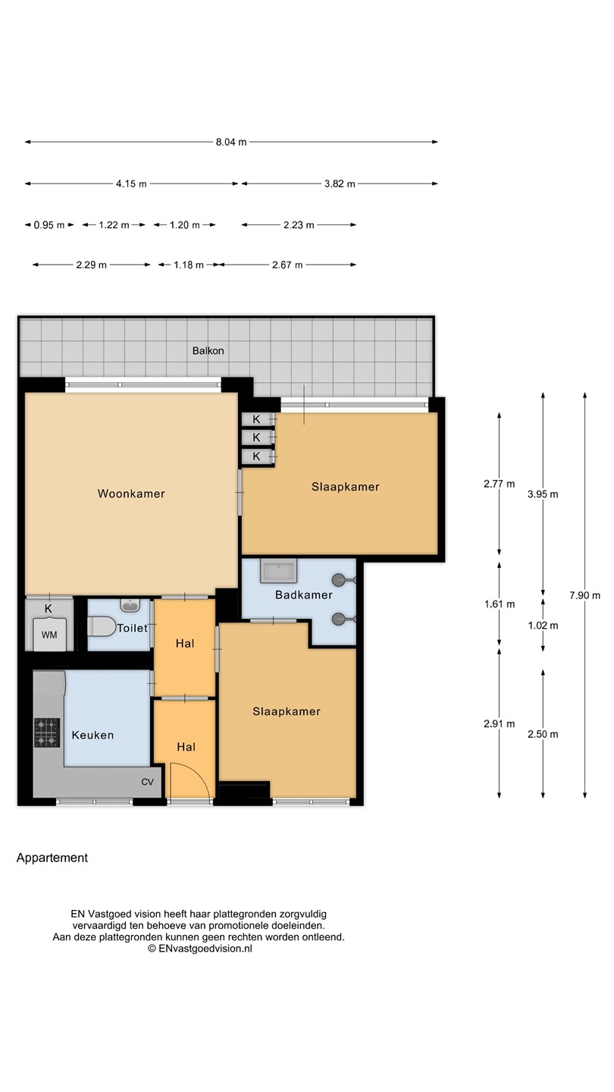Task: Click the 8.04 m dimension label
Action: click(231, 142)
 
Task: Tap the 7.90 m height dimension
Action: click(584, 595)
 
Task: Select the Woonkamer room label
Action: click(131, 494)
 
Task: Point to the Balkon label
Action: click(208, 350)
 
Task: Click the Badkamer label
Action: click(303, 595)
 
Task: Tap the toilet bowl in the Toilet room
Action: click(101, 627)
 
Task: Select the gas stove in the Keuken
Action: click(47, 733)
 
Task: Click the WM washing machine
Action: click(49, 634)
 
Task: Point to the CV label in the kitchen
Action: click(147, 782)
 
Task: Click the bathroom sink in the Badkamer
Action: click(279, 571)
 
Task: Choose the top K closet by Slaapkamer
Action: click(256, 419)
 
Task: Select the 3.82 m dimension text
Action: click(340, 184)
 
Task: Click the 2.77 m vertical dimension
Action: click(499, 484)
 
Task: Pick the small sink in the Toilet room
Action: click(130, 605)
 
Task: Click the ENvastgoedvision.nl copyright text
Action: click(200, 948)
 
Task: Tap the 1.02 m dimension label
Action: click(543, 626)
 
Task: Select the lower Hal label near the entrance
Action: click(186, 747)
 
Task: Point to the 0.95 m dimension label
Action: click(49, 225)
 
